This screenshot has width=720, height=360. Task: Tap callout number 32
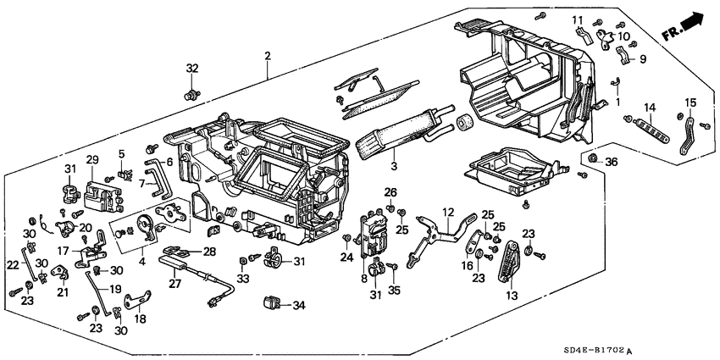(192, 69)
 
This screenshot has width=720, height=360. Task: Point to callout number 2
(268, 56)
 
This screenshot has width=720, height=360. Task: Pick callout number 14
(650, 107)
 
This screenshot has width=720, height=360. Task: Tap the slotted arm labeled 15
(688, 136)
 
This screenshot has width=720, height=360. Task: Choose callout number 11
(577, 20)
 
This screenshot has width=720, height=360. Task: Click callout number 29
(92, 160)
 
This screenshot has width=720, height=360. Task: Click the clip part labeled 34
(273, 302)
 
